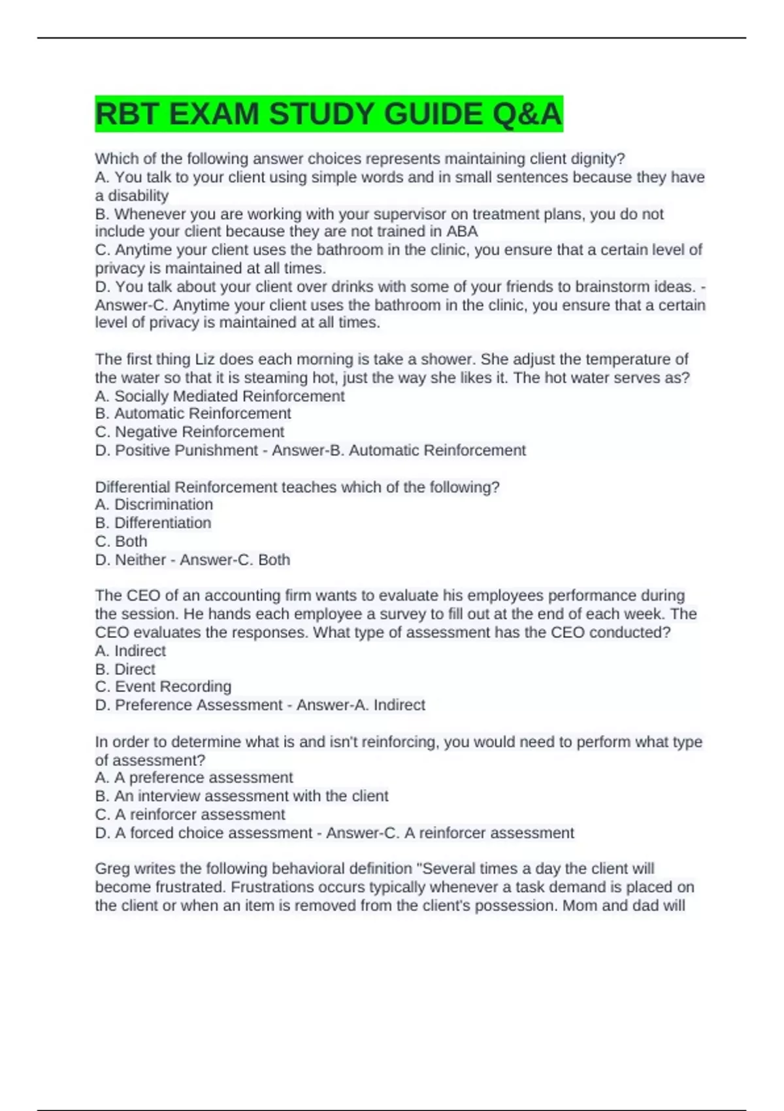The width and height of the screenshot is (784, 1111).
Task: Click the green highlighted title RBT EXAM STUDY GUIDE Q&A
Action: [x=329, y=114]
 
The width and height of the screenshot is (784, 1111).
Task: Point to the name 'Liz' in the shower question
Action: [x=201, y=359]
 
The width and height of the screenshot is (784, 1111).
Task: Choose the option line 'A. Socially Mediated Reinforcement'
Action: [x=220, y=396]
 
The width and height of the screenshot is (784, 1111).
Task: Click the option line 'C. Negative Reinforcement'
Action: [x=189, y=432]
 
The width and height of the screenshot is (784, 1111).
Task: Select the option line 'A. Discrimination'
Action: [x=154, y=505]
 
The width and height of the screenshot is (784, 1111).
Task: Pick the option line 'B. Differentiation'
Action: [x=153, y=523]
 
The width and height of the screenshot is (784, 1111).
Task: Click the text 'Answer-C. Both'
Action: [x=235, y=559]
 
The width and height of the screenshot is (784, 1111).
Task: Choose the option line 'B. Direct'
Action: [x=125, y=669]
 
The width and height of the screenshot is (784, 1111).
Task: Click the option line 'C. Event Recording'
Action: [x=163, y=686]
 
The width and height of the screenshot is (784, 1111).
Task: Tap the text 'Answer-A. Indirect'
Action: [x=361, y=705]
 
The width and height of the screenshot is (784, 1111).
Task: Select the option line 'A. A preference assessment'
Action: [x=194, y=778]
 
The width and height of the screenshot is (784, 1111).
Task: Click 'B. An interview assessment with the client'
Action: [x=242, y=796]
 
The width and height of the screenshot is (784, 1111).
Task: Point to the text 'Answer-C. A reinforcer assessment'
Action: [x=450, y=833]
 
